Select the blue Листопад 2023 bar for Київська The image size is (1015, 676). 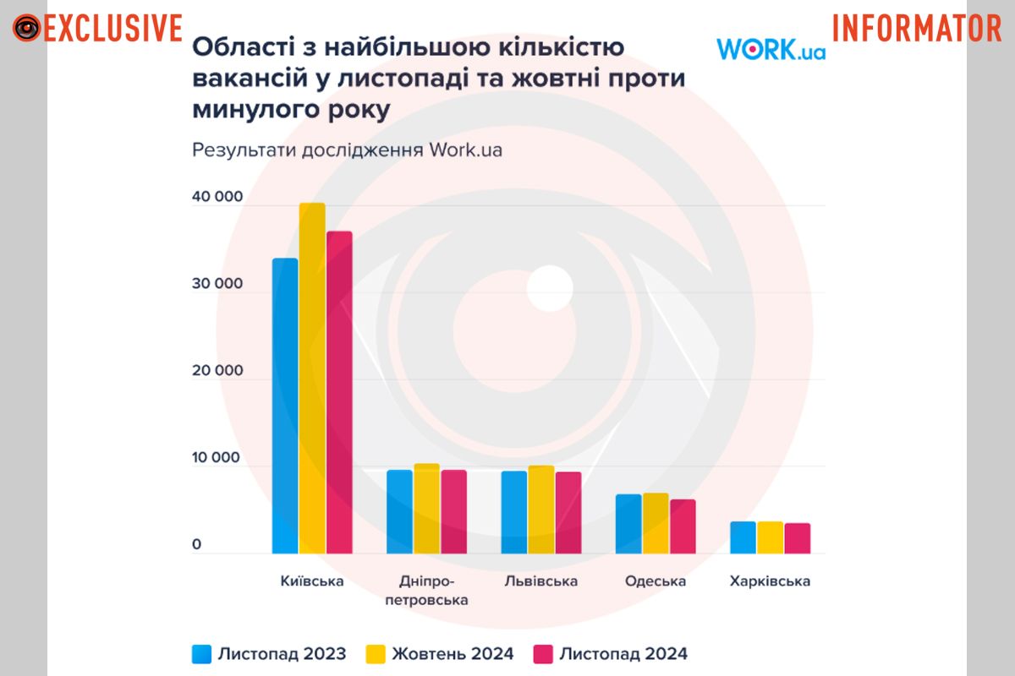(285, 406)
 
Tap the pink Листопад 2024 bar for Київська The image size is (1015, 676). (339, 393)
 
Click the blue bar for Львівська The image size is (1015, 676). (514, 512)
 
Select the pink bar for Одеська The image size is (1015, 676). (682, 526)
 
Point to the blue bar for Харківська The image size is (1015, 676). (743, 537)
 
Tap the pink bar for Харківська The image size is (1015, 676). (797, 538)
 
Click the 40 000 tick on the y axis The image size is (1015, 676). (217, 197)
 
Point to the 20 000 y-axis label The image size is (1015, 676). (217, 371)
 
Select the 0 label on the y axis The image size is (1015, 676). (196, 545)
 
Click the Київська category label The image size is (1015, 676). (312, 581)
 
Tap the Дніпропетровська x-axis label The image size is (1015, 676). (426, 591)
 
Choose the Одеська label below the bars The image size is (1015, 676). (656, 581)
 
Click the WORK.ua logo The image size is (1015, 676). (771, 50)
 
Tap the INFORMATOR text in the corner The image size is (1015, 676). (917, 28)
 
